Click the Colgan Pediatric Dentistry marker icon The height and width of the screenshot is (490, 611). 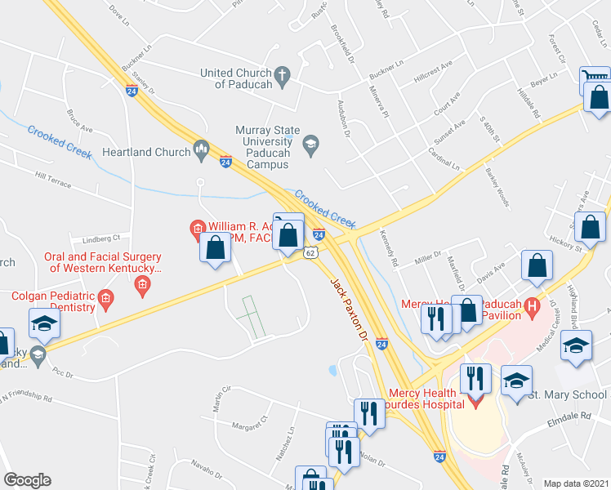pos(105,302)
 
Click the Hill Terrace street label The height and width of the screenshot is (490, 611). pos(54,175)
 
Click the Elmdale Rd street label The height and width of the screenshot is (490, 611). pos(569,416)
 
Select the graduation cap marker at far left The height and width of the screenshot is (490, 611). pos(44,323)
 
